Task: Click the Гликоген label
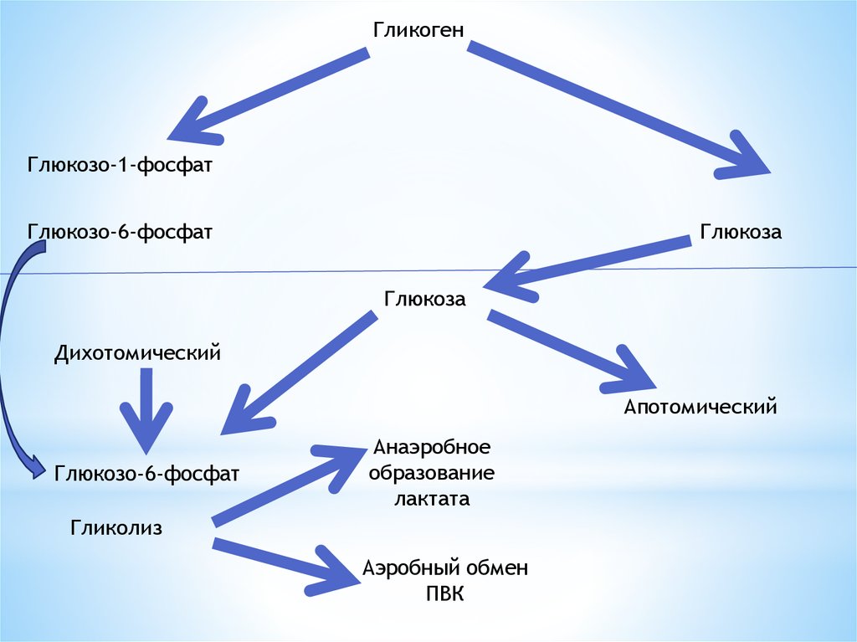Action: coord(418,29)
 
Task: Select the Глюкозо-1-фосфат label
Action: coord(120,164)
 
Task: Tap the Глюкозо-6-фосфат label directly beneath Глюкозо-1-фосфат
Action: coord(120,230)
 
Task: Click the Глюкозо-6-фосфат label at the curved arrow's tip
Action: coord(147,474)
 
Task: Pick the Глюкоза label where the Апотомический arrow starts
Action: coord(424,299)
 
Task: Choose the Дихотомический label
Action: coord(137,352)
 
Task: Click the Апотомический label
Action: coord(700,408)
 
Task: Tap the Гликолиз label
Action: coord(116,527)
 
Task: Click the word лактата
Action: coord(431,499)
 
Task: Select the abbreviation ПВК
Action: coord(444,593)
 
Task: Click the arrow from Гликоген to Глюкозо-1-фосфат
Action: coord(268,94)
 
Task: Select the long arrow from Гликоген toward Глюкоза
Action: coord(619,109)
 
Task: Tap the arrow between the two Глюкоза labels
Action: coord(586,265)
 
